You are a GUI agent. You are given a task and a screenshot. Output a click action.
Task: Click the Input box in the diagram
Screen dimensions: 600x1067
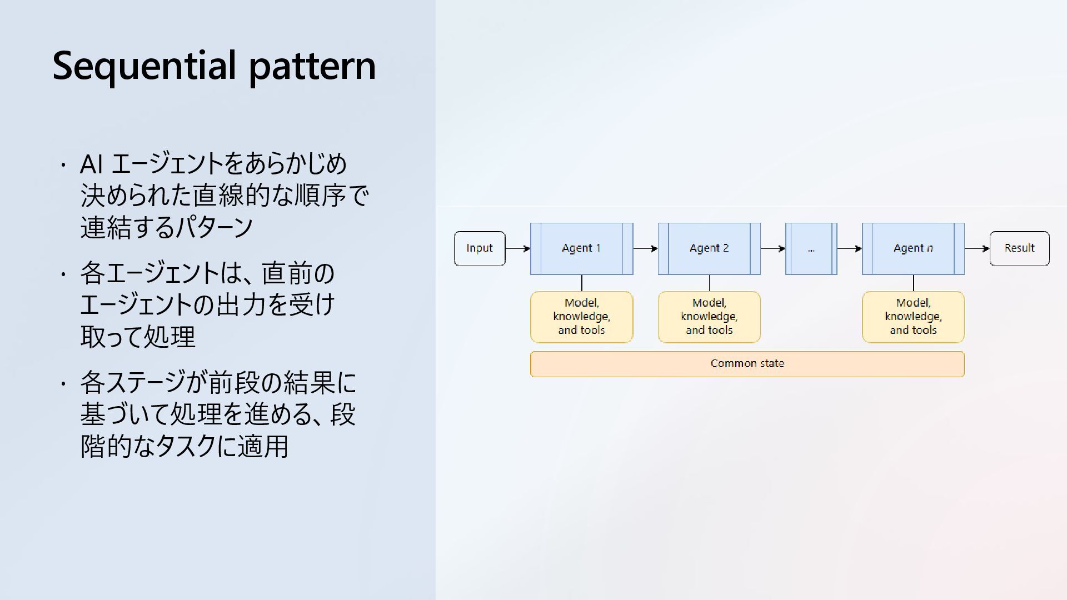(x=479, y=248)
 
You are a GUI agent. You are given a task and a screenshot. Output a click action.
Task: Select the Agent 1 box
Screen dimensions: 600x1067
(x=581, y=248)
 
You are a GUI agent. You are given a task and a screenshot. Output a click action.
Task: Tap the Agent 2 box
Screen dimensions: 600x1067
(x=709, y=248)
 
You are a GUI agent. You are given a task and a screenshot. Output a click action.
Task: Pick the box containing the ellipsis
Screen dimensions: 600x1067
(x=811, y=248)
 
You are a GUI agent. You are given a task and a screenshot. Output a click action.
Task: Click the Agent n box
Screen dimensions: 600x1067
(x=913, y=248)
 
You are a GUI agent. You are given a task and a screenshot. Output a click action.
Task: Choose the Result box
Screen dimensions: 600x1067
(x=1019, y=248)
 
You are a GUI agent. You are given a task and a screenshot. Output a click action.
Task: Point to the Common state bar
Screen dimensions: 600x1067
(x=747, y=364)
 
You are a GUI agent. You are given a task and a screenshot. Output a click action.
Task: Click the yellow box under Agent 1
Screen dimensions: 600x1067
(x=581, y=317)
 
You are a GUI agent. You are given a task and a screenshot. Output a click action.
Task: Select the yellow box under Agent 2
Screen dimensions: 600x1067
(x=709, y=317)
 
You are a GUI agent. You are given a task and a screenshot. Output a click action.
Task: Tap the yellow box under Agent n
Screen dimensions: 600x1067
(x=913, y=317)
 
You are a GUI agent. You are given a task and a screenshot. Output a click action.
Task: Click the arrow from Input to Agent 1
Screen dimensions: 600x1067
(x=517, y=248)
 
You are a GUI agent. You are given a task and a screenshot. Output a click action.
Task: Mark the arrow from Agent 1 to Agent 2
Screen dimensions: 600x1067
(x=645, y=248)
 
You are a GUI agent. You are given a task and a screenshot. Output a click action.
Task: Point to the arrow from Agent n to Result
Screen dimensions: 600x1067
(x=977, y=248)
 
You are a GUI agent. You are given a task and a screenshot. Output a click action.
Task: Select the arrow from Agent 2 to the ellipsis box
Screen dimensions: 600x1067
(x=772, y=248)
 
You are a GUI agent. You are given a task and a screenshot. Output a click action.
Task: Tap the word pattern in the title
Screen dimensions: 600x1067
(x=312, y=67)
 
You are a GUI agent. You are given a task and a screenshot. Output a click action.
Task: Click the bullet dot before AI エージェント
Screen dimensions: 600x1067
(x=64, y=165)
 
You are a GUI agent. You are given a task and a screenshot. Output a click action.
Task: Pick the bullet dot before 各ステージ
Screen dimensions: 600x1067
(x=64, y=383)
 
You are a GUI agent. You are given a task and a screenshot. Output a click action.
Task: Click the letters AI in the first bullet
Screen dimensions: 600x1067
(x=91, y=164)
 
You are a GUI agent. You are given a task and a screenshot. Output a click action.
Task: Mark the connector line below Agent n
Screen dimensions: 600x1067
(x=913, y=283)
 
